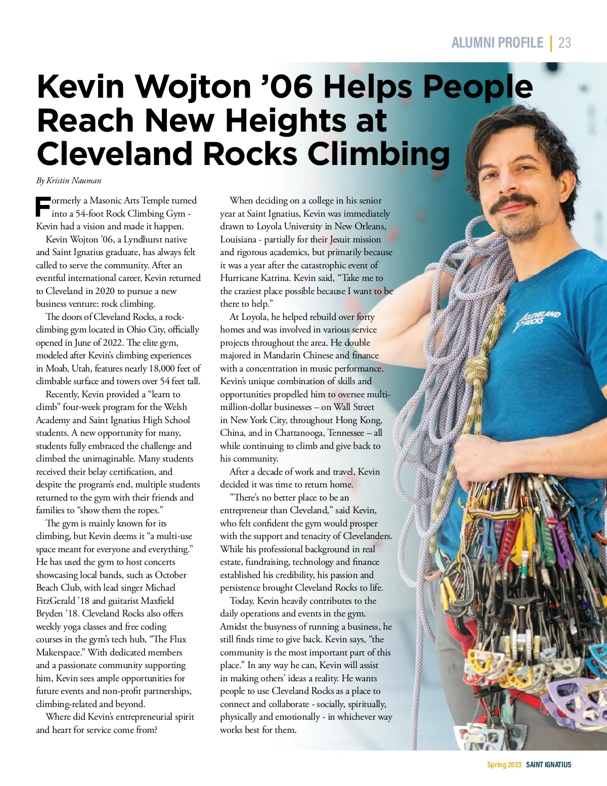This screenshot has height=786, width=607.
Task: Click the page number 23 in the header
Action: (565, 43)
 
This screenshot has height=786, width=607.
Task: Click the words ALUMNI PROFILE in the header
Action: (497, 43)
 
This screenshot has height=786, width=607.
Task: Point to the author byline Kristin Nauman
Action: (74, 181)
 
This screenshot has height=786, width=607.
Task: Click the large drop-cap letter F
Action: (43, 206)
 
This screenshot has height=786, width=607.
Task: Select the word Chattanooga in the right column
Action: (300, 433)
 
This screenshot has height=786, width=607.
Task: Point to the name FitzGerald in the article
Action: (55, 601)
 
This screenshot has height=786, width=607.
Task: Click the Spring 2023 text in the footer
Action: (504, 765)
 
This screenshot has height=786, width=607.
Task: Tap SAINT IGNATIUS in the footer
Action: (548, 765)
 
